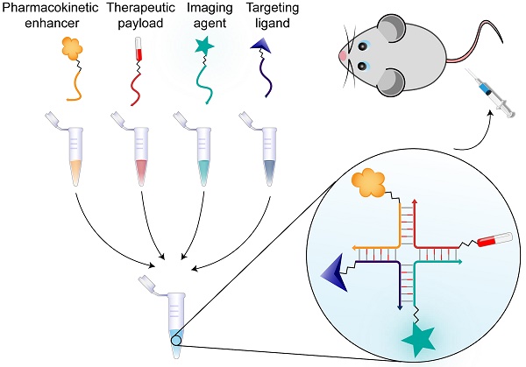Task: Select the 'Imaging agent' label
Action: click(x=201, y=15)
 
